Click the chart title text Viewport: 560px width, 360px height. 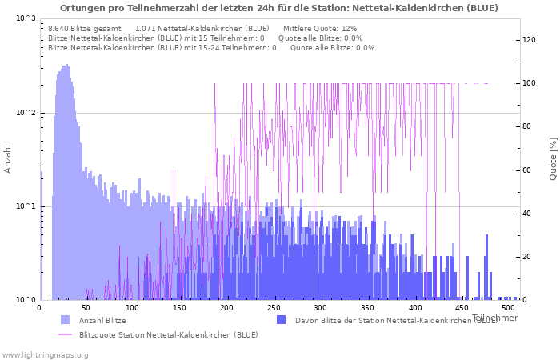(x=278, y=8)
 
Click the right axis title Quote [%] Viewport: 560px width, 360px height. (x=553, y=158)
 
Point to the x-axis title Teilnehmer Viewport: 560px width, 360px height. (x=494, y=318)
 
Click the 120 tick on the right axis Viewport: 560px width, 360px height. (x=529, y=40)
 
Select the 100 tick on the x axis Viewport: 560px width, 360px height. (x=133, y=307)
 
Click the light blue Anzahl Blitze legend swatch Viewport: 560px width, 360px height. (x=65, y=320)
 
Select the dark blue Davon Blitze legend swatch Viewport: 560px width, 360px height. (x=281, y=320)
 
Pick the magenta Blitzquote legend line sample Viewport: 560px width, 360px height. (x=65, y=334)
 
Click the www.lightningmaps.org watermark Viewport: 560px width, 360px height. (x=44, y=354)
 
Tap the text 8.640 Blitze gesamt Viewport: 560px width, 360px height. (x=85, y=28)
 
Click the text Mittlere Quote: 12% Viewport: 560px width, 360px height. (x=320, y=28)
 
